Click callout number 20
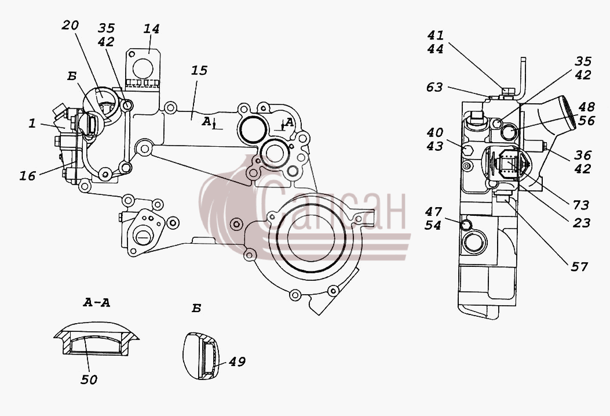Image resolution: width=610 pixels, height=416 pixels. [x=71, y=26]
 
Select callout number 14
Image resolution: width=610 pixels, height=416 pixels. [x=151, y=29]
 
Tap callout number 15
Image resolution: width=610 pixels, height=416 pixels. [x=199, y=71]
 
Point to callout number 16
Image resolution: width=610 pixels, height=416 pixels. [x=28, y=176]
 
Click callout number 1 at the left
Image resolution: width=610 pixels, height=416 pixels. [x=32, y=124]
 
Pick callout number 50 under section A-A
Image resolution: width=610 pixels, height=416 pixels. [x=89, y=380]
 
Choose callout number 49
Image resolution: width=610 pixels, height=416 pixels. [x=237, y=362]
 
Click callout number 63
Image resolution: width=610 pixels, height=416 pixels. [x=434, y=87]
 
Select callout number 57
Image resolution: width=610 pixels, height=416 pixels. [x=579, y=267]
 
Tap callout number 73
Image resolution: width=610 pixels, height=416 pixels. [x=581, y=205]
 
